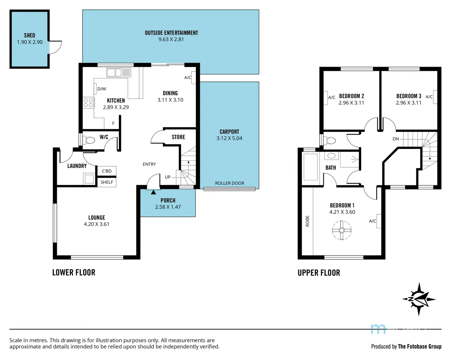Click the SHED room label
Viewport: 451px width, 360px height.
pos(29,35)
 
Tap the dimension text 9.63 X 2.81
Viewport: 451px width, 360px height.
pos(171,39)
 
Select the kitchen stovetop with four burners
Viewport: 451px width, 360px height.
pos(88,103)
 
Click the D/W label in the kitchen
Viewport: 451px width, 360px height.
pos(102,89)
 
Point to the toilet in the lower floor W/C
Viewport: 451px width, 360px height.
pos(89,140)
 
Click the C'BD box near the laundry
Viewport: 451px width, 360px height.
pos(107,171)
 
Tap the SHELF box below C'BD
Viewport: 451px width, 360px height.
pos(107,182)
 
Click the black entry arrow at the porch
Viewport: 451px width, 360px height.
pos(153,192)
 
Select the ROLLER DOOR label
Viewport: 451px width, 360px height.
pos(229,183)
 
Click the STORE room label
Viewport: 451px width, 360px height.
pos(178,137)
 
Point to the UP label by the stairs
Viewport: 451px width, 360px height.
pos(168,177)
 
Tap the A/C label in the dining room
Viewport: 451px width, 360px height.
pos(188,78)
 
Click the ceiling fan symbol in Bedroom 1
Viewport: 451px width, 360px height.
pos(341,230)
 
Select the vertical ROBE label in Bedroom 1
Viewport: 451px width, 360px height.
pos(307,221)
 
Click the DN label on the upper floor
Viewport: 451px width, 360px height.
pos(396,139)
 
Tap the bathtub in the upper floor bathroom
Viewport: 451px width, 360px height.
pos(310,167)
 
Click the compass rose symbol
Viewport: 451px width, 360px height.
pos(419,299)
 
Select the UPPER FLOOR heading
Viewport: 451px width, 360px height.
pos(319,273)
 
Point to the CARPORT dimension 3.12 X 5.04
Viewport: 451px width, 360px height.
pos(229,138)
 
